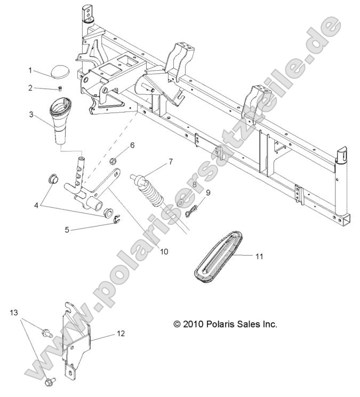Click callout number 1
[31, 70]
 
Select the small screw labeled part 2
[60, 90]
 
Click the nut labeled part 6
[114, 161]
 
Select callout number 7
[170, 160]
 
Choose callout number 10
[164, 251]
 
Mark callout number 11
[259, 256]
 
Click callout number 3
[31, 114]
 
